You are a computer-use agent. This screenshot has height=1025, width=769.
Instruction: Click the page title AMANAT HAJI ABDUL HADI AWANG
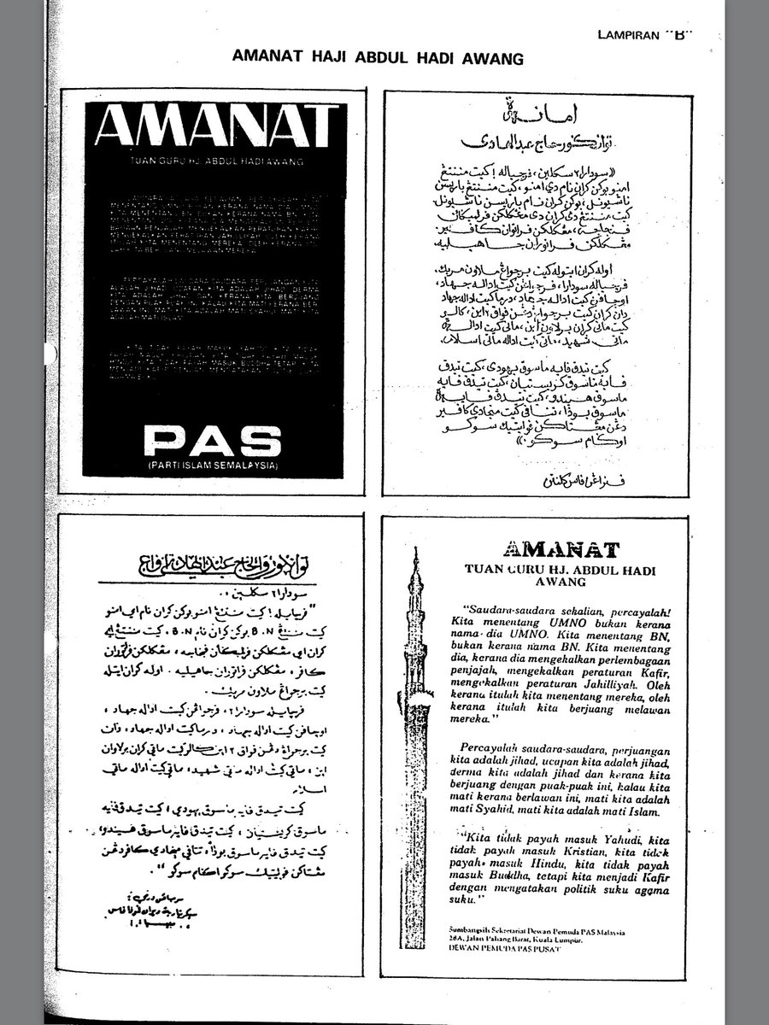click(x=377, y=58)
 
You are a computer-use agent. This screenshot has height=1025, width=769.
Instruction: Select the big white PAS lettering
click(x=213, y=441)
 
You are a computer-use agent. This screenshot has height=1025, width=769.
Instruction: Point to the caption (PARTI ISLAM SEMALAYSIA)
click(x=213, y=466)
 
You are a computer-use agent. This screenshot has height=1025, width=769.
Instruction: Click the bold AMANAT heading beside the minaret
click(x=561, y=548)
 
